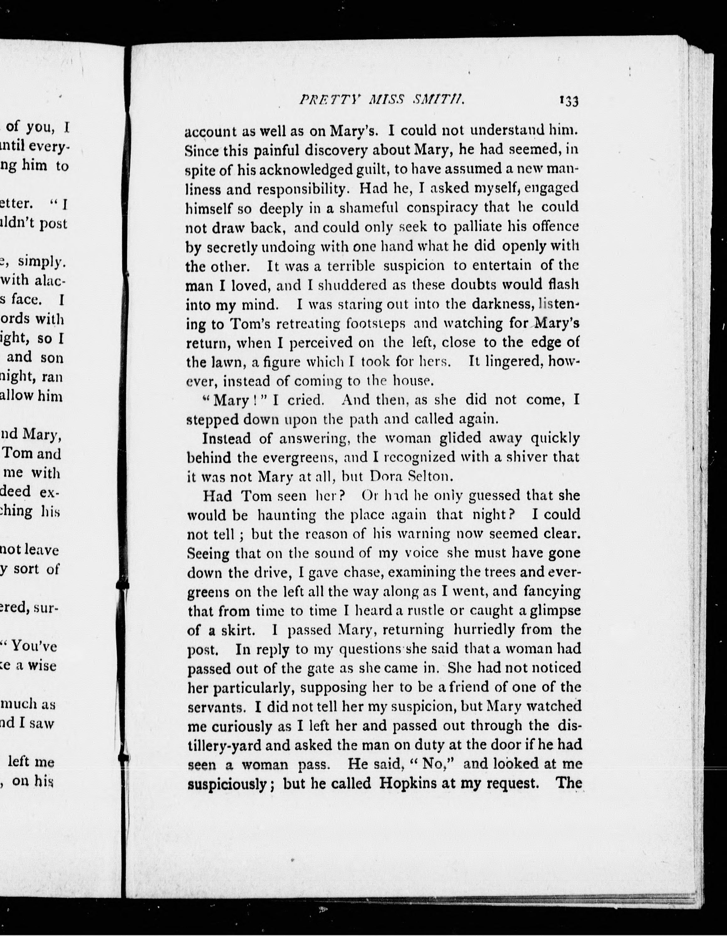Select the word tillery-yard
(224, 746)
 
